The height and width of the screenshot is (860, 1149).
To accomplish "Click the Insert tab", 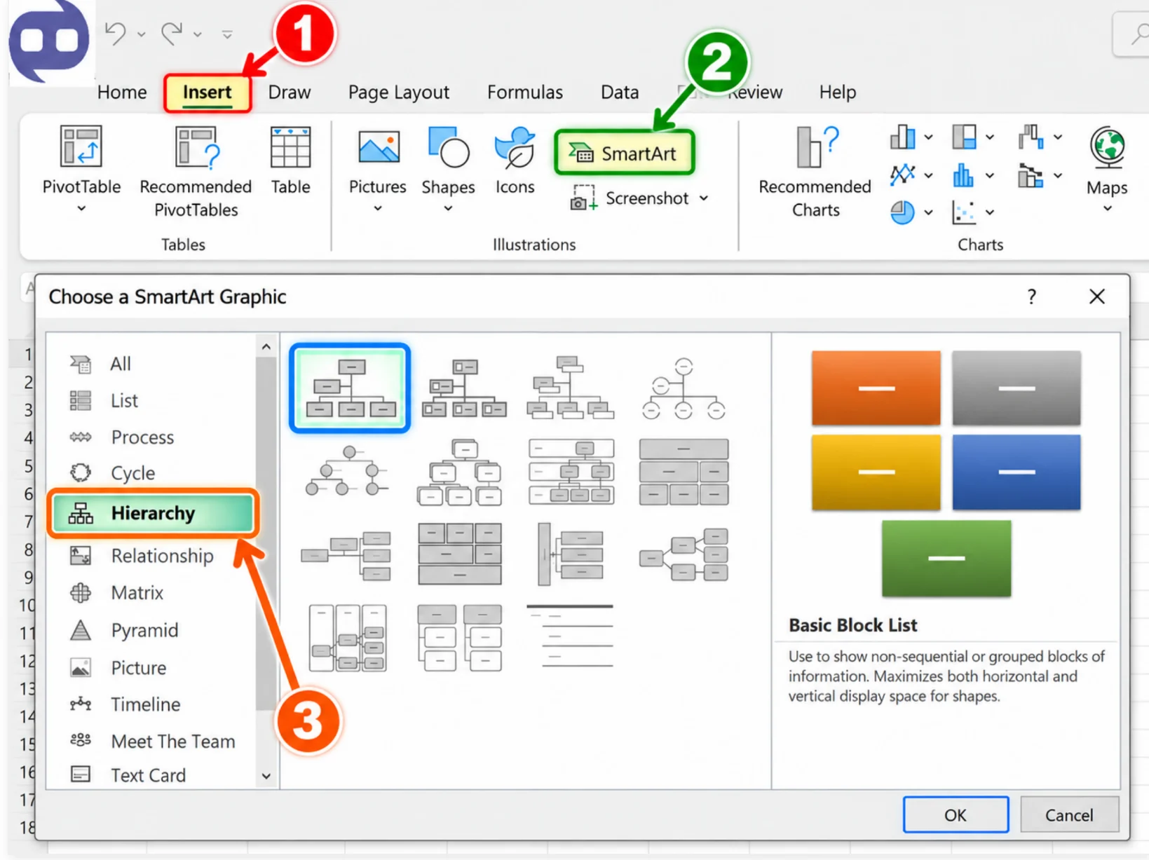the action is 208,93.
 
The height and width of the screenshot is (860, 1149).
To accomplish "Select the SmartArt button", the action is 624,153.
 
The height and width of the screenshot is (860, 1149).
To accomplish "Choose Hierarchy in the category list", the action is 153,513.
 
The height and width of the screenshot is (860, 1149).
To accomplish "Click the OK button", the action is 956,814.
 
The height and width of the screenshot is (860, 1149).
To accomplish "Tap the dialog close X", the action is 1096,296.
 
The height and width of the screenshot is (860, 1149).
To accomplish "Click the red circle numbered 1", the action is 305,34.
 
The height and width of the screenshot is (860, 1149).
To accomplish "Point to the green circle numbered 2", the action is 717,62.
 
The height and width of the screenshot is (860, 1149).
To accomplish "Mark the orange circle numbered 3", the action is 308,721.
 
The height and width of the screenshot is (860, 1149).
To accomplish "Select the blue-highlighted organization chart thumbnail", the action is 350,388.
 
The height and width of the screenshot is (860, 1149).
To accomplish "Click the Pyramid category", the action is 144,630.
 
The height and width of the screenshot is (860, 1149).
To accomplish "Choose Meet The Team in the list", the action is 172,742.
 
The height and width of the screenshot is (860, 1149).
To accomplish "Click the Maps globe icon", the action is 1107,147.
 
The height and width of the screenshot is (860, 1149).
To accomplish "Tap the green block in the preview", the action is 946,558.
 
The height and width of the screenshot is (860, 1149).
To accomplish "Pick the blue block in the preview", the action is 1016,472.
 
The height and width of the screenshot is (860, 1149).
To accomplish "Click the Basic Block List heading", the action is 852,625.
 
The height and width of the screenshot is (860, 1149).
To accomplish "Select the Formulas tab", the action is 524,93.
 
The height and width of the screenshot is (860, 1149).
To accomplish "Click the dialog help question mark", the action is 1031,297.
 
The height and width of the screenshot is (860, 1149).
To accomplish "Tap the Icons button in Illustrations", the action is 515,161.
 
